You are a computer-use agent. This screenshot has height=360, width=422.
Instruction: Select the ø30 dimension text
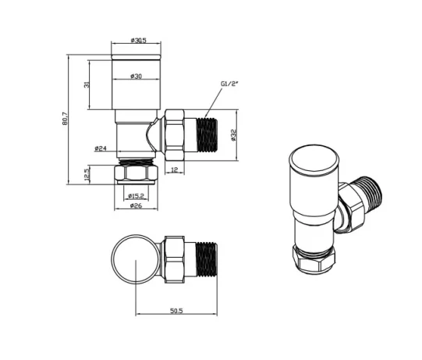click(137, 76)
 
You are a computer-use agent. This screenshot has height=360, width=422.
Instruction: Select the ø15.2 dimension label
click(137, 196)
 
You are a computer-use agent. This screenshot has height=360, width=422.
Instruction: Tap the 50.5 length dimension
click(176, 312)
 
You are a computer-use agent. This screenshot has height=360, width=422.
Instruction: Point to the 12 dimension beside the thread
click(173, 169)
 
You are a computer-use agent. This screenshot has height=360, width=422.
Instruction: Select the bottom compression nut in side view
click(137, 173)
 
